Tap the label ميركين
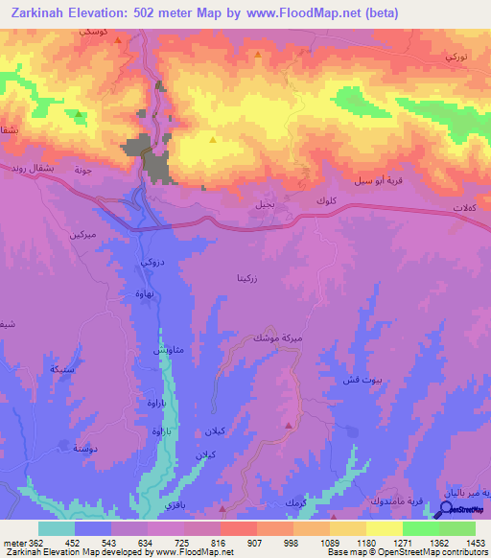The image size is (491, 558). [83, 234]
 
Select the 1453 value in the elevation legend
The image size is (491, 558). [463, 541]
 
